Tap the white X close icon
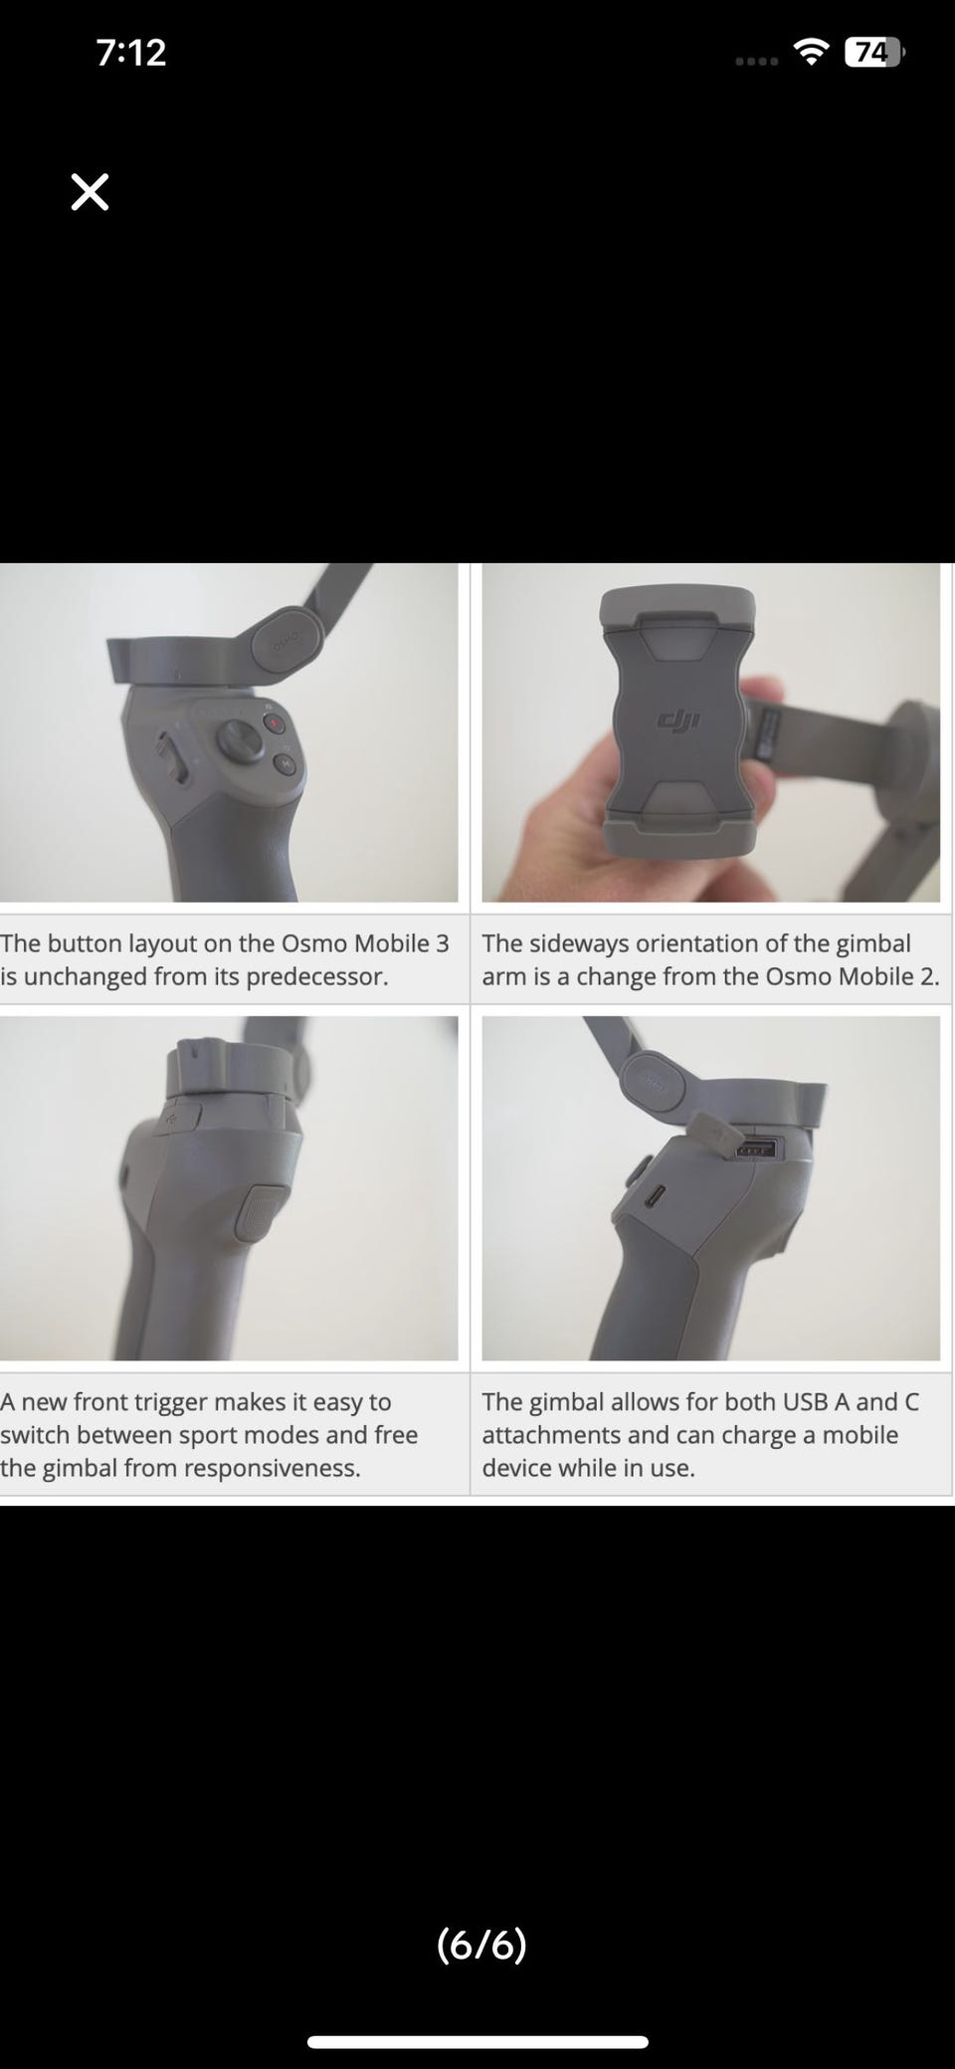tap(90, 192)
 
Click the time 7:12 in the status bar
tap(131, 53)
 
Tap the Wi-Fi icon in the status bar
tap(813, 52)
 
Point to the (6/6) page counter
tap(481, 1944)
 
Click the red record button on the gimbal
tap(274, 724)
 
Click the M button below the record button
tap(284, 764)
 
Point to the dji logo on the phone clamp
tap(679, 720)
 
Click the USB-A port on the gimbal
tap(756, 1150)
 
